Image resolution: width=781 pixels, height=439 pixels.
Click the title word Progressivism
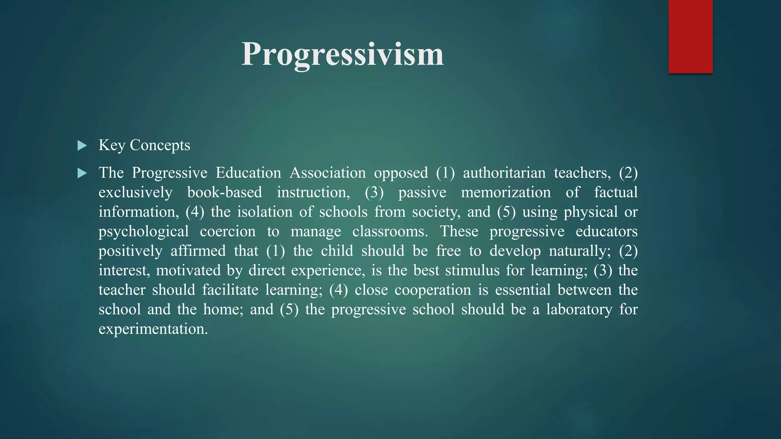[x=342, y=54]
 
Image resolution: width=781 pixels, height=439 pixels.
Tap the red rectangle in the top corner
[x=690, y=37]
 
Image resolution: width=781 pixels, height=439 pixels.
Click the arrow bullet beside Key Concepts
[x=82, y=146]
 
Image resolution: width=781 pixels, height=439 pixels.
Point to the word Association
[x=328, y=173]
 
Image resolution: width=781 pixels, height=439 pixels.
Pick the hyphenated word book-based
[x=225, y=192]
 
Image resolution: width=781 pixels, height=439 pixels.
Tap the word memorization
[x=506, y=192]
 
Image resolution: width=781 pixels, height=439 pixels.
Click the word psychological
[x=144, y=232]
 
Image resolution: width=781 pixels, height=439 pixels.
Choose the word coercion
[x=228, y=232]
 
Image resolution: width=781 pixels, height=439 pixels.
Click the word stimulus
[x=472, y=271]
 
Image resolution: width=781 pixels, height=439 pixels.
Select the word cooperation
[x=433, y=290]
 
